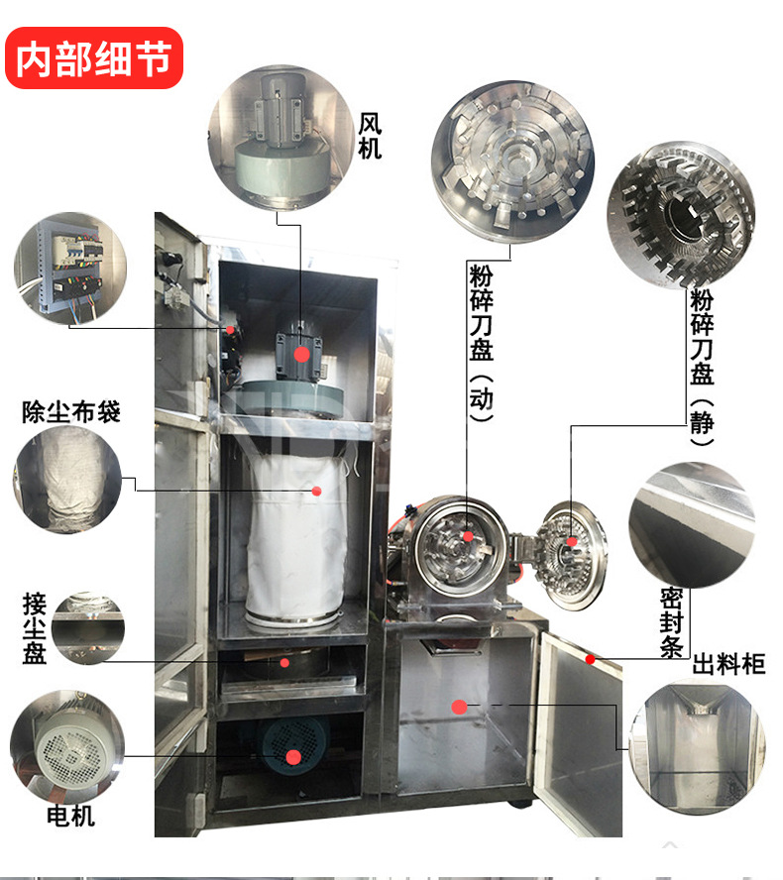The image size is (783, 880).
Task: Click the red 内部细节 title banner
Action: pyautogui.click(x=94, y=57)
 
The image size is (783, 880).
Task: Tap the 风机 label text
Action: pyautogui.click(x=370, y=136)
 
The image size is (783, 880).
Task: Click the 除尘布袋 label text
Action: pyautogui.click(x=71, y=412)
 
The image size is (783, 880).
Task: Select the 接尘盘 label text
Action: pyautogui.click(x=35, y=628)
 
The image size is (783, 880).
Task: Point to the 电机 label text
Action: pyautogui.click(x=70, y=816)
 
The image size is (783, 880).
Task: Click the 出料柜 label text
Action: pyautogui.click(x=728, y=664)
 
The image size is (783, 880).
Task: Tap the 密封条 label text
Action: pyautogui.click(x=671, y=622)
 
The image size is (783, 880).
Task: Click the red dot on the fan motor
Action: pyautogui.click(x=301, y=354)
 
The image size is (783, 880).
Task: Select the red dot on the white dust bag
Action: pyautogui.click(x=316, y=492)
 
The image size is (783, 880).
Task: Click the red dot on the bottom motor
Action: pyautogui.click(x=293, y=757)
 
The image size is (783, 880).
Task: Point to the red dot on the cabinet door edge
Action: pyautogui.click(x=590, y=659)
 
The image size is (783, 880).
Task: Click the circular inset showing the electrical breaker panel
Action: pyautogui.click(x=70, y=269)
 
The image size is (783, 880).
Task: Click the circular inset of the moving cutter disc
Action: pyautogui.click(x=512, y=162)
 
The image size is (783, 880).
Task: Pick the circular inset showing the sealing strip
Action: pyautogui.click(x=692, y=525)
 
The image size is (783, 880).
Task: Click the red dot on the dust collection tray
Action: pyautogui.click(x=284, y=663)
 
